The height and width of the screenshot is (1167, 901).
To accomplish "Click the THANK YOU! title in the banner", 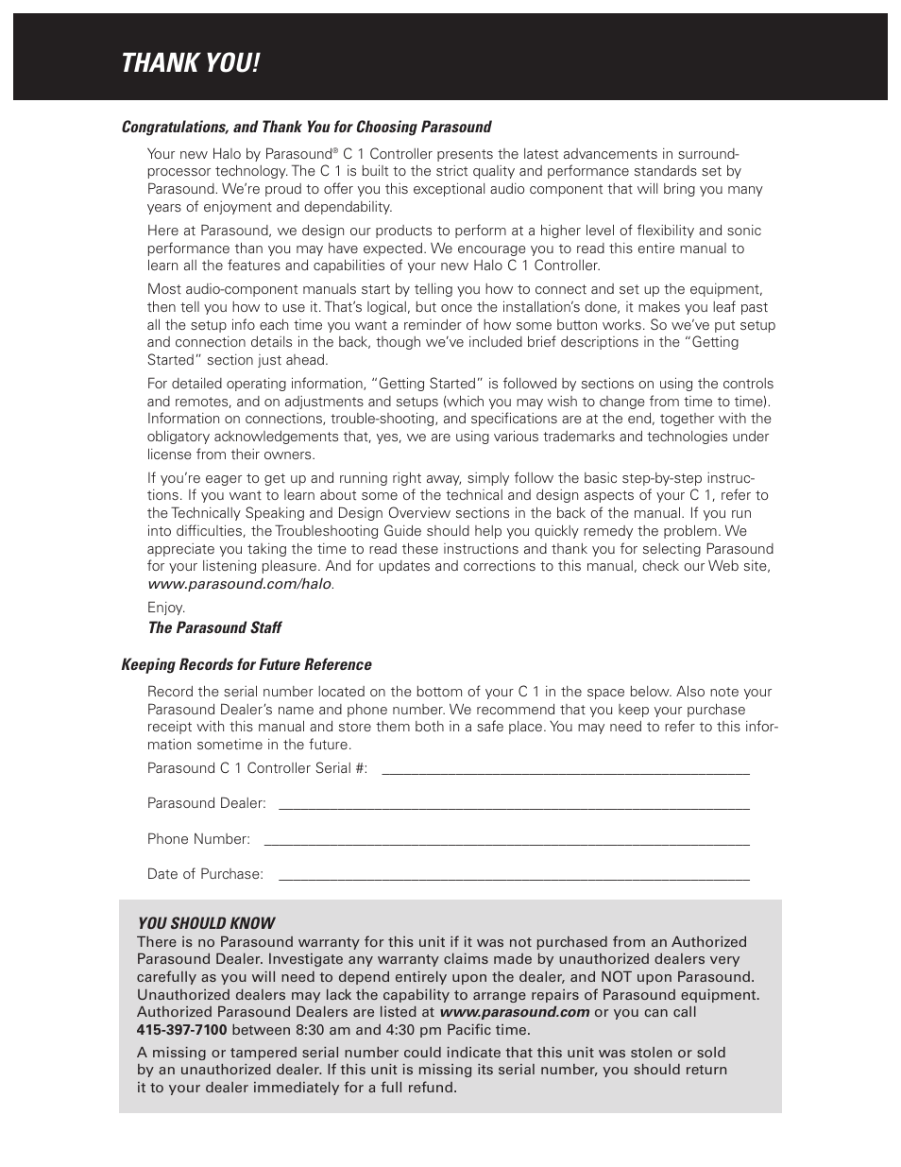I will (190, 64).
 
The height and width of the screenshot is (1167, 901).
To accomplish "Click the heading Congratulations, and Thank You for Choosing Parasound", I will (306, 127).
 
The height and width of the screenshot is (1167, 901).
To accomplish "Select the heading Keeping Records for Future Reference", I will (246, 664).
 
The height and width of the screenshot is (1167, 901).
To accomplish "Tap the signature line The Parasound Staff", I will (214, 627).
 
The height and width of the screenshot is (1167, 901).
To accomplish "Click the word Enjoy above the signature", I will (165, 608).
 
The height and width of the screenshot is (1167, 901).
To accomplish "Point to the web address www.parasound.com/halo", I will (239, 584).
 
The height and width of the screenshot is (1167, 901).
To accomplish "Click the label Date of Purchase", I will (205, 874).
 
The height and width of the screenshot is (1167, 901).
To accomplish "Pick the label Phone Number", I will (198, 839).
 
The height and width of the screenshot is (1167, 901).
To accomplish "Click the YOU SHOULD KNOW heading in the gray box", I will (206, 923).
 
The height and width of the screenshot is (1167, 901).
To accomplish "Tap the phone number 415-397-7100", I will (181, 1030).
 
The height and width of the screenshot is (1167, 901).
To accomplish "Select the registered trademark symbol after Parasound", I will (335, 150).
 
